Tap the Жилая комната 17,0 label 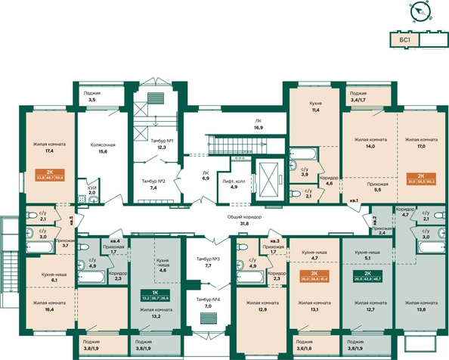tap(420, 144)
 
